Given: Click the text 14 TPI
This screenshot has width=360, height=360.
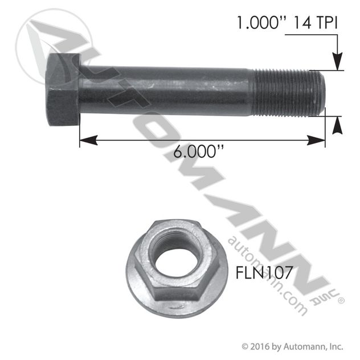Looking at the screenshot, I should point(317,23).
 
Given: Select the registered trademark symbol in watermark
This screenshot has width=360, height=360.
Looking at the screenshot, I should point(340,298).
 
